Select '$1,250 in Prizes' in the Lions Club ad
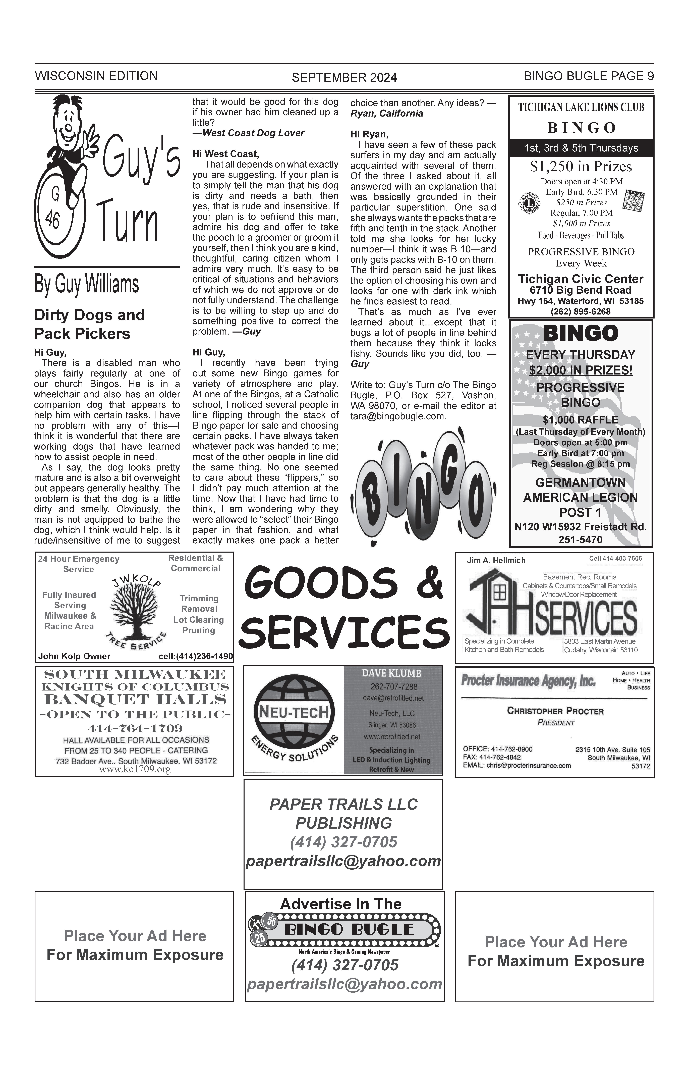pyautogui.click(x=581, y=167)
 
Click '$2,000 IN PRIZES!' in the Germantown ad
pyautogui.click(x=581, y=370)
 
